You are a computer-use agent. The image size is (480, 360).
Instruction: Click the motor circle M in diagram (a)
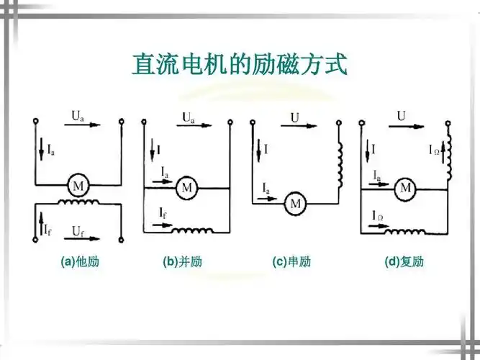76,186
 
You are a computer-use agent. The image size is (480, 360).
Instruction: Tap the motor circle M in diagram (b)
187,186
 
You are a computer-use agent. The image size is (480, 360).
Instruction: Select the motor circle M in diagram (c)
295,204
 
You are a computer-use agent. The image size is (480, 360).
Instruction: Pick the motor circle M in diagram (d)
405,188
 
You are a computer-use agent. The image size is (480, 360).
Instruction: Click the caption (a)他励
79,262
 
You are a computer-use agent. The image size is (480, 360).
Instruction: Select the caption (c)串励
291,262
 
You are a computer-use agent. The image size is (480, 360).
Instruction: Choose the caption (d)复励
404,262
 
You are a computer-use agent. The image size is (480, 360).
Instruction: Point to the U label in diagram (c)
295,116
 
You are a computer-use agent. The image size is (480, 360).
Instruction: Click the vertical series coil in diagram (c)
339,161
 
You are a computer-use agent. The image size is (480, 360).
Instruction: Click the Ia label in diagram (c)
266,188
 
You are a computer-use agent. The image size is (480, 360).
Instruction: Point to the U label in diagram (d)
402,115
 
